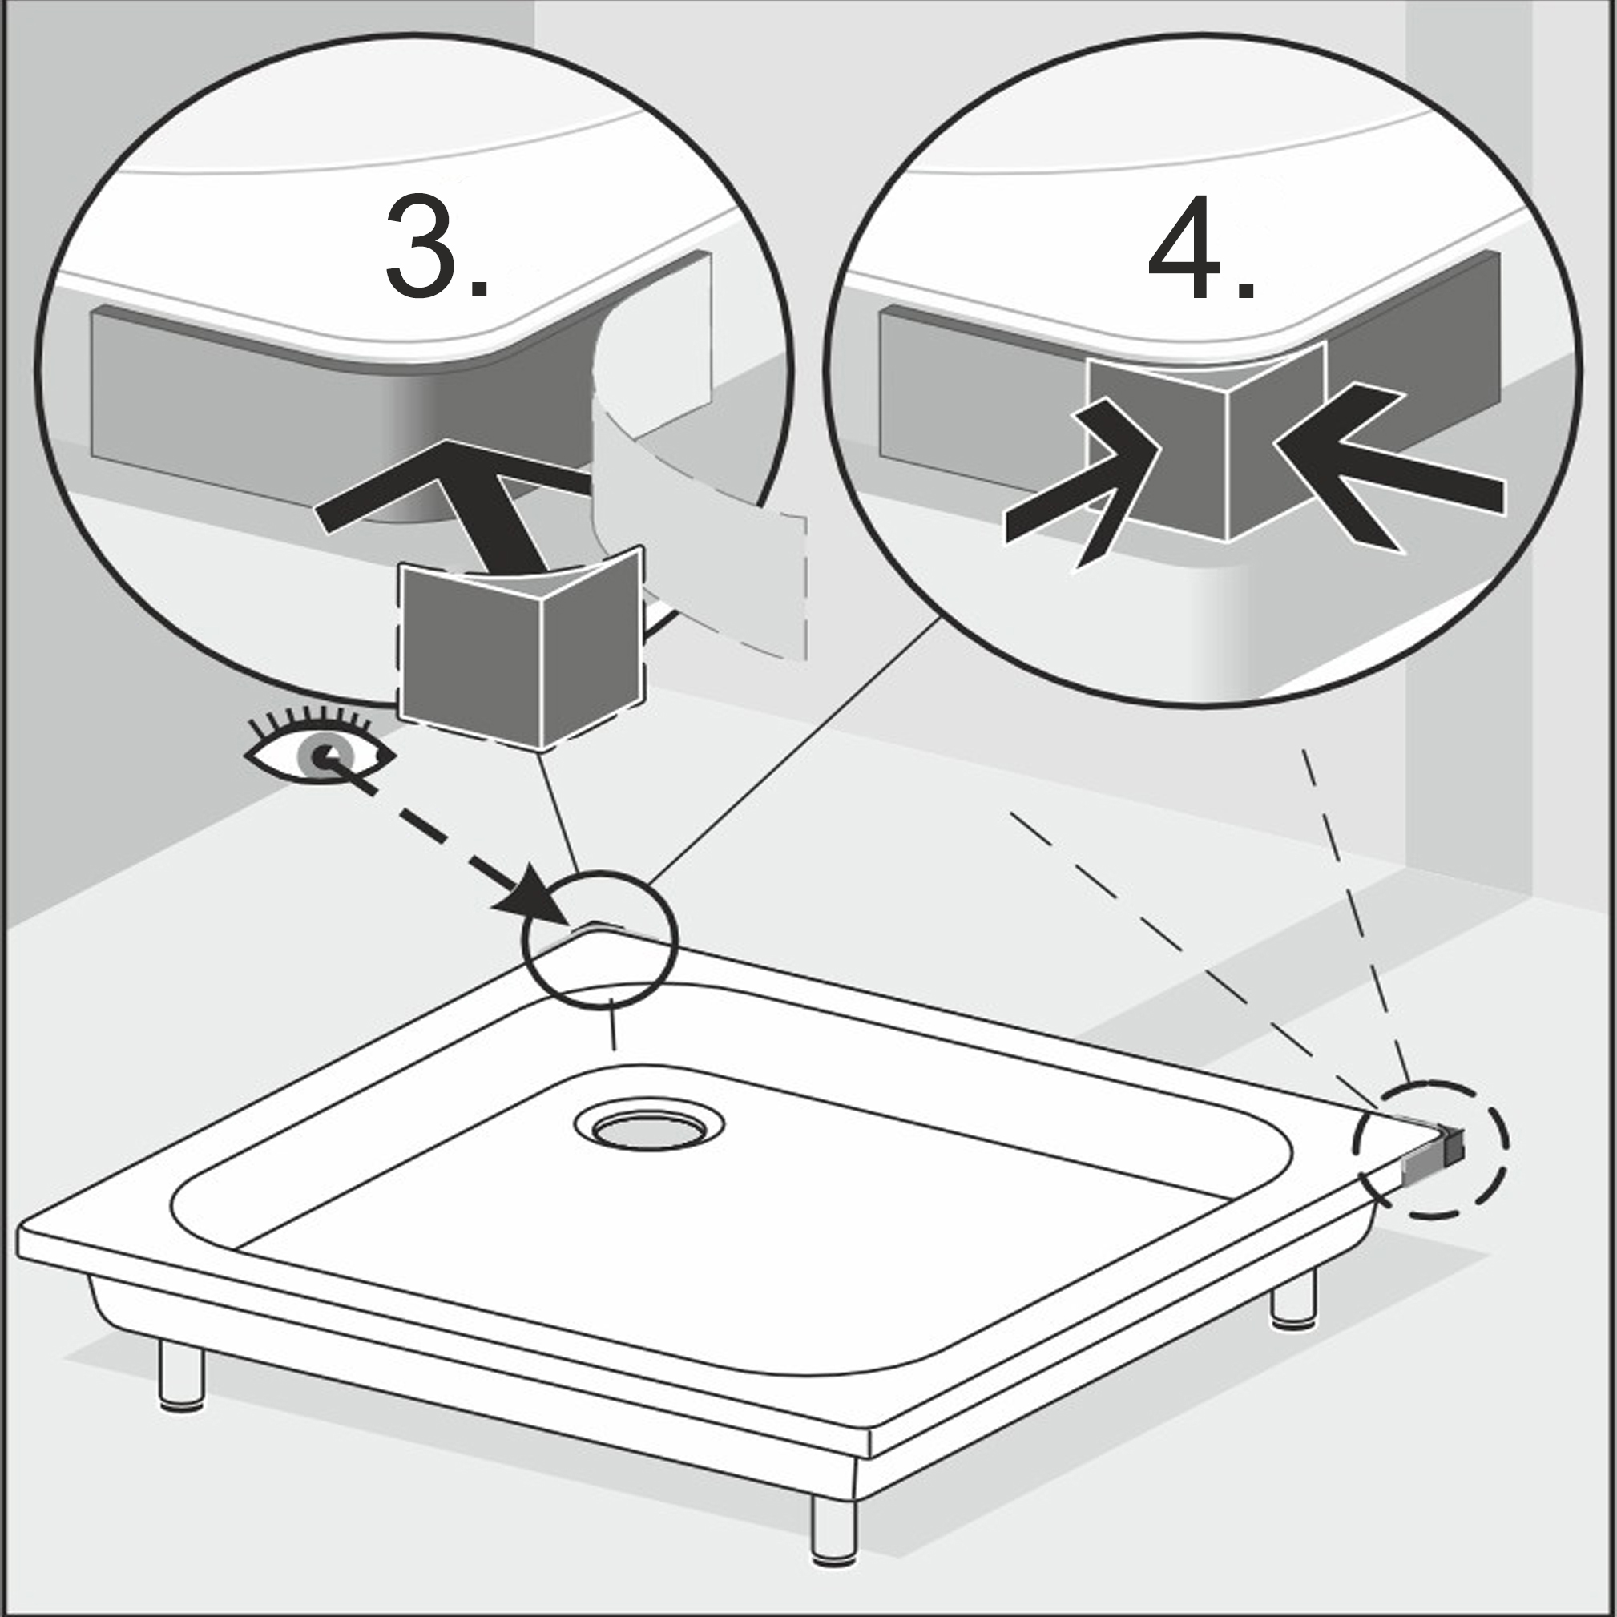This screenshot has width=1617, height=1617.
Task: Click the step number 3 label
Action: [x=436, y=246]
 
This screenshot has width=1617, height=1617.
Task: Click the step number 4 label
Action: [x=1202, y=247]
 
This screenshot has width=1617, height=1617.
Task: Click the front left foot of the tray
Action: [x=183, y=1374]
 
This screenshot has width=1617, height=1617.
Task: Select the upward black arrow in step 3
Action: [x=469, y=502]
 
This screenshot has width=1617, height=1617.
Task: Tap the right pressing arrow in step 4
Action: [x=1389, y=469]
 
